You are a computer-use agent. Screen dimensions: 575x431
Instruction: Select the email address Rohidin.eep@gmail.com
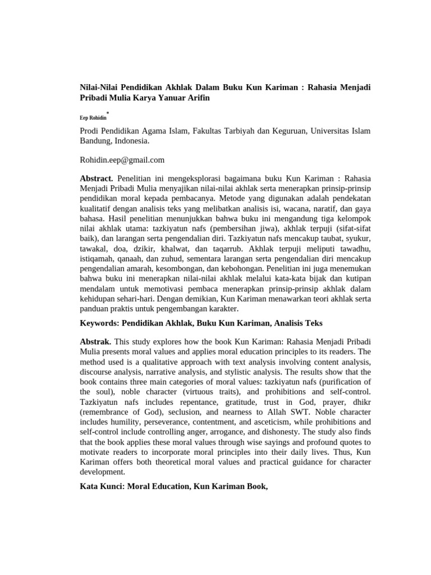pyautogui.click(x=122, y=160)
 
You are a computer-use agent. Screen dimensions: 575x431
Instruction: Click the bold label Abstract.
pyautogui.click(x=97, y=177)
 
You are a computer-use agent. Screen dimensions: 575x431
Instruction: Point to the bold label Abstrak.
pyautogui.click(x=96, y=341)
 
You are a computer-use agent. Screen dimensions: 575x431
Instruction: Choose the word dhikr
pyautogui.click(x=359, y=402)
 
